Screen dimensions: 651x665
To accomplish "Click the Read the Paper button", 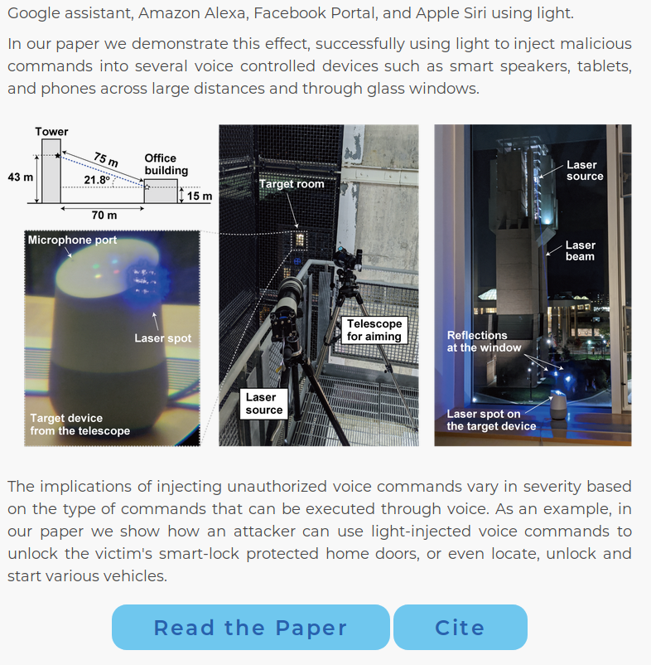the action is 250,627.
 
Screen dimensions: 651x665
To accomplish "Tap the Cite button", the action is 460,627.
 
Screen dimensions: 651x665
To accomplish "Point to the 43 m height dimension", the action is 20,177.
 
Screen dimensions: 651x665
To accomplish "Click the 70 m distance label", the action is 104,216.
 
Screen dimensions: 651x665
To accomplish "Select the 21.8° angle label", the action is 96,180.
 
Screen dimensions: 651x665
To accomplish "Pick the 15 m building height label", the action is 200,197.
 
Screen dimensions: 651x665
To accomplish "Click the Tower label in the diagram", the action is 51,132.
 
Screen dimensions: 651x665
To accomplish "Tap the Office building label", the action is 166,164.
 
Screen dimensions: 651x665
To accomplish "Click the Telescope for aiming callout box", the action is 374,329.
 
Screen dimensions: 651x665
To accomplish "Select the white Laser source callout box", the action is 264,404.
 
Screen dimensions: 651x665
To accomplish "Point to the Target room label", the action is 292,184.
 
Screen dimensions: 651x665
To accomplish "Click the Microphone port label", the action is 72,240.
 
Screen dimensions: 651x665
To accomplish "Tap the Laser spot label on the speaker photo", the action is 162,338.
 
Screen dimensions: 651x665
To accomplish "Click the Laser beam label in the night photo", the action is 580,250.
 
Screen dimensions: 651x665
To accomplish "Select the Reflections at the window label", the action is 484,342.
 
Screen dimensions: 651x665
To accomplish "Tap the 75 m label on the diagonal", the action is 105,158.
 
